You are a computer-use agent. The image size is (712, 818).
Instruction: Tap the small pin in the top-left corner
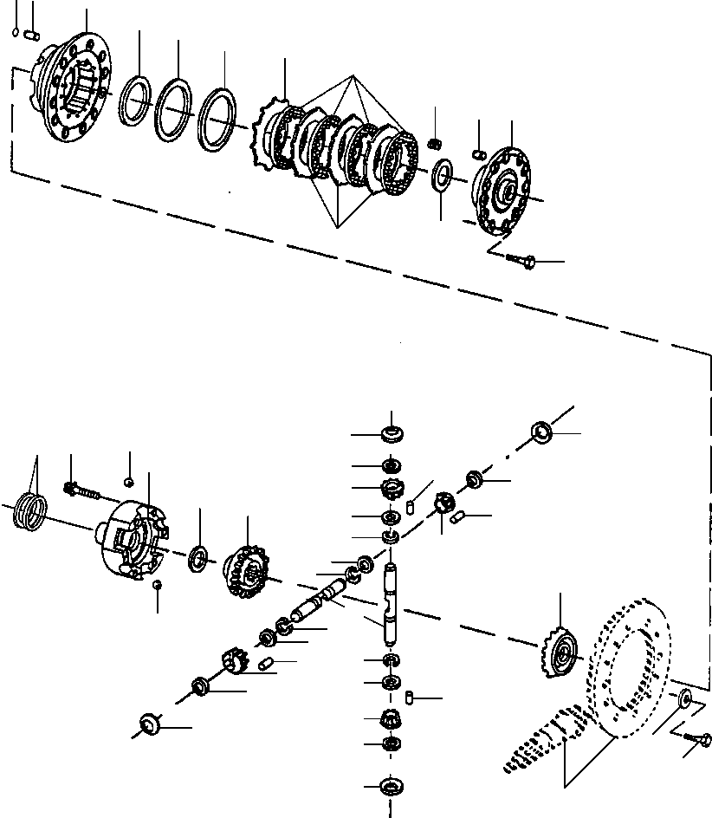click(x=32, y=35)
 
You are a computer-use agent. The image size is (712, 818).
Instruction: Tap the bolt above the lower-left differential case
click(x=80, y=492)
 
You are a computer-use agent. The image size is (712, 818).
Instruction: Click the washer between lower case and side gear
click(x=198, y=557)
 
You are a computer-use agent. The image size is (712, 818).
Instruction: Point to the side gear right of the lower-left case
click(x=245, y=570)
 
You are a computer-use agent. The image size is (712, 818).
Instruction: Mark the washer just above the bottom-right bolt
click(x=684, y=697)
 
